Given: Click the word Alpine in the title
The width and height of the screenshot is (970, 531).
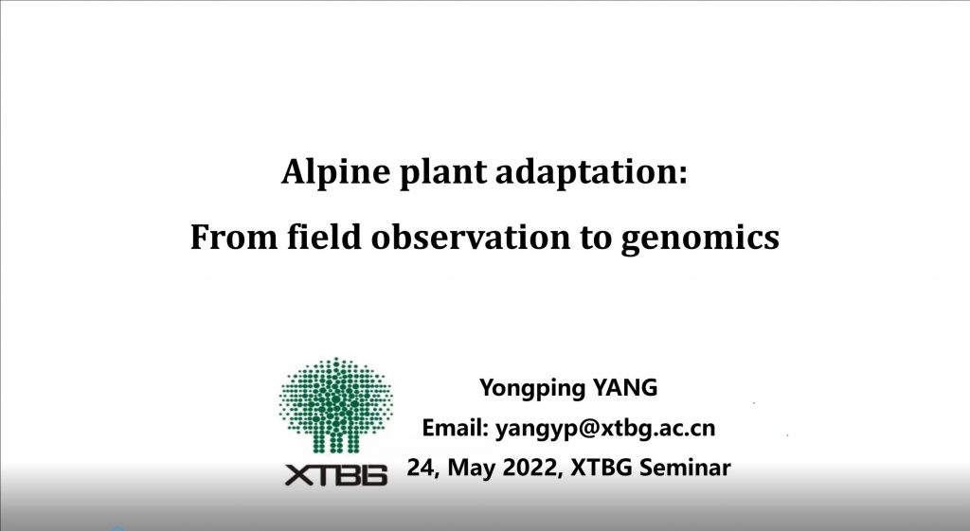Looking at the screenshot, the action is pyautogui.click(x=335, y=172).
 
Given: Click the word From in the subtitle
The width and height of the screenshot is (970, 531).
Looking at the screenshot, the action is pyautogui.click(x=233, y=237).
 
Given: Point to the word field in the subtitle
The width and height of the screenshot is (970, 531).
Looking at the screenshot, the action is pyautogui.click(x=324, y=236).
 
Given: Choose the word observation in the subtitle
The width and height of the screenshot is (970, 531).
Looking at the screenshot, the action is pyautogui.click(x=470, y=236).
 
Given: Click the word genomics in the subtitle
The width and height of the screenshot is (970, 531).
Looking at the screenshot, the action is pyautogui.click(x=700, y=239).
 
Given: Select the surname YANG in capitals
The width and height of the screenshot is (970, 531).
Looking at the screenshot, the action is pyautogui.click(x=625, y=387).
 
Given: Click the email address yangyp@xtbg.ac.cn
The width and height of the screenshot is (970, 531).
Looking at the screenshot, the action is pyautogui.click(x=605, y=429).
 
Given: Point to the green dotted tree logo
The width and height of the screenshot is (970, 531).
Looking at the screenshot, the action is pyautogui.click(x=335, y=405).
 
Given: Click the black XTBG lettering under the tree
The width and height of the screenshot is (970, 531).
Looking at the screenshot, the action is pyautogui.click(x=336, y=475).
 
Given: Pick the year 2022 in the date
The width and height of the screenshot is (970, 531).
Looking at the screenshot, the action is pyautogui.click(x=529, y=468).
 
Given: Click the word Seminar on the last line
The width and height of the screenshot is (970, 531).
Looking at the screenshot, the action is pyautogui.click(x=685, y=468).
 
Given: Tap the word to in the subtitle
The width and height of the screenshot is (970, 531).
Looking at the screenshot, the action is pyautogui.click(x=596, y=238).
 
